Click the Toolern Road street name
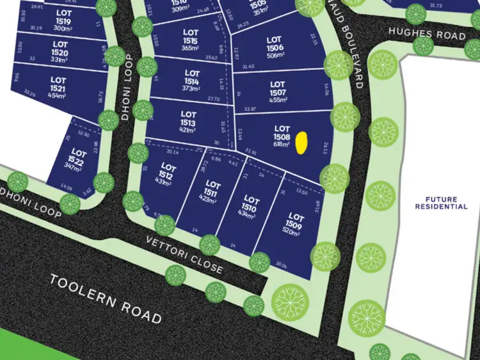point(105,299)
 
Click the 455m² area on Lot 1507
point(277,100)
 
